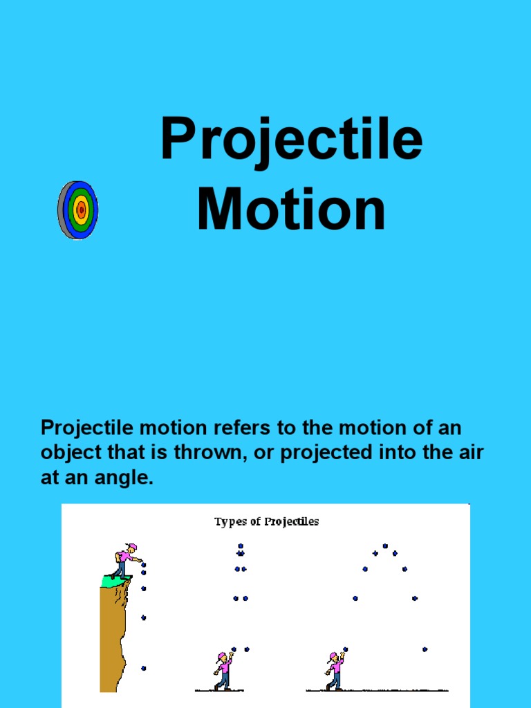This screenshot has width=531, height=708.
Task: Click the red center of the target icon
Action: pos(82,209)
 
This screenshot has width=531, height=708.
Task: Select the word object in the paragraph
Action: pos(70,453)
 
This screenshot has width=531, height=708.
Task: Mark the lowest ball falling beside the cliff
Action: pos(144,668)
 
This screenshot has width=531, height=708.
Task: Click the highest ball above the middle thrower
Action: pos(241,546)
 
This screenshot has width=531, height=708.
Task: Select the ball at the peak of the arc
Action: pos(385,546)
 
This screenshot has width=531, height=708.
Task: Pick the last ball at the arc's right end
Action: pos(425,649)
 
